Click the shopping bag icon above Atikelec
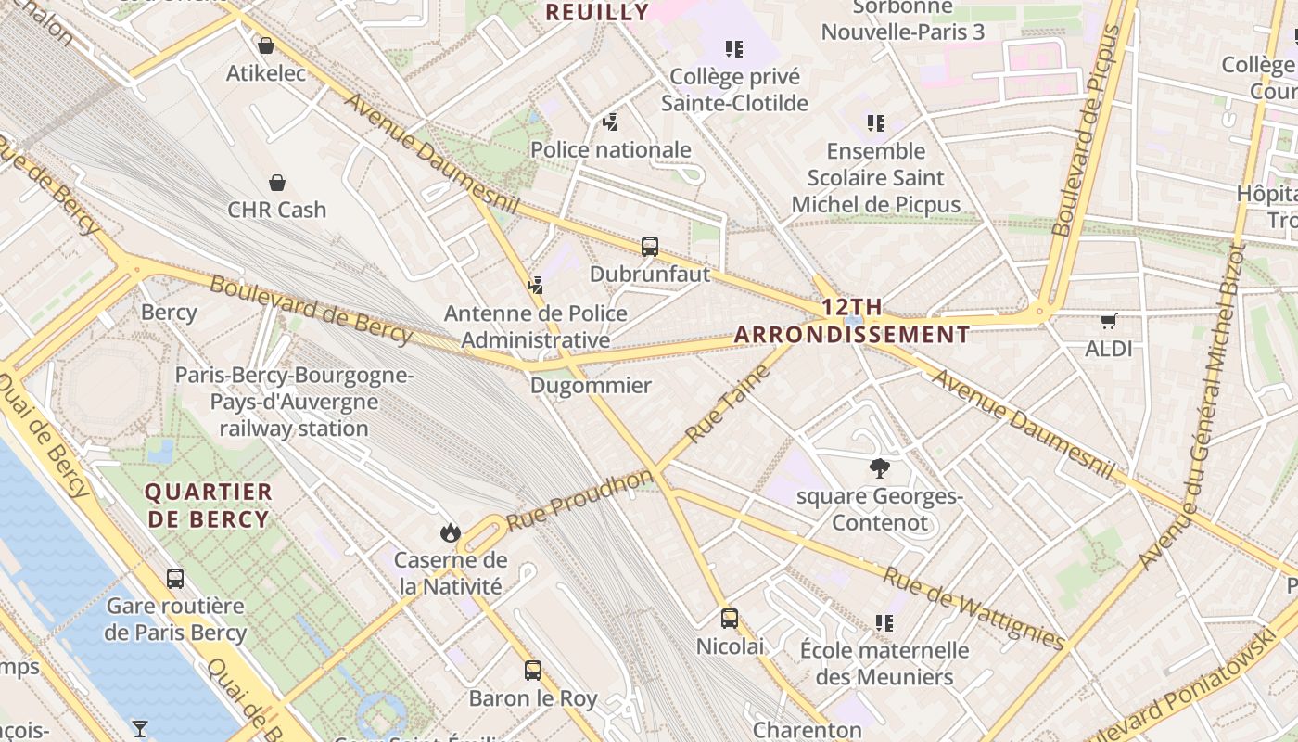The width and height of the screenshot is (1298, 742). tap(266, 45)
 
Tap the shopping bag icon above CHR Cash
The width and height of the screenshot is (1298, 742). tap(276, 182)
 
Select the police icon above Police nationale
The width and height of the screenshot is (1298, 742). tap(610, 122)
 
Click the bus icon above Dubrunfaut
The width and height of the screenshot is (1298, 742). tap(650, 247)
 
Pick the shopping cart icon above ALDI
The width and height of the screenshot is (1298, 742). tap(1108, 322)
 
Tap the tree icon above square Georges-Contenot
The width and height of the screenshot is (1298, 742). tap(879, 468)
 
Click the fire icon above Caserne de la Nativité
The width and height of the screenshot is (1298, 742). tap(451, 532)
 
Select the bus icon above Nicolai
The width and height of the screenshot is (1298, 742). tap(730, 619)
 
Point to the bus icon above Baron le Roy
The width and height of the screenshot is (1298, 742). tap(532, 670)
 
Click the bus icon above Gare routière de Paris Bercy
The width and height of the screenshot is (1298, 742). tap(175, 579)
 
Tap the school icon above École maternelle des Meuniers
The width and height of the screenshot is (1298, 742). tap(884, 623)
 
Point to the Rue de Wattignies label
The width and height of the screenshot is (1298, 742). tap(973, 608)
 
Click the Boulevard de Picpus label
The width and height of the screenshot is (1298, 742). tap(1087, 130)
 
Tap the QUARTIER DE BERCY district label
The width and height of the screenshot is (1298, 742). tap(209, 505)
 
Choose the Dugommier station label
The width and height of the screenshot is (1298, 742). tap(592, 386)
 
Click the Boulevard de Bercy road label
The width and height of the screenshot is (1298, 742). tap(311, 310)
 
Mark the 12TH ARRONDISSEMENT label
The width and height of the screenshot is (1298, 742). tap(852, 321)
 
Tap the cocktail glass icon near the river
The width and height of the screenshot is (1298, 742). tap(140, 729)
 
